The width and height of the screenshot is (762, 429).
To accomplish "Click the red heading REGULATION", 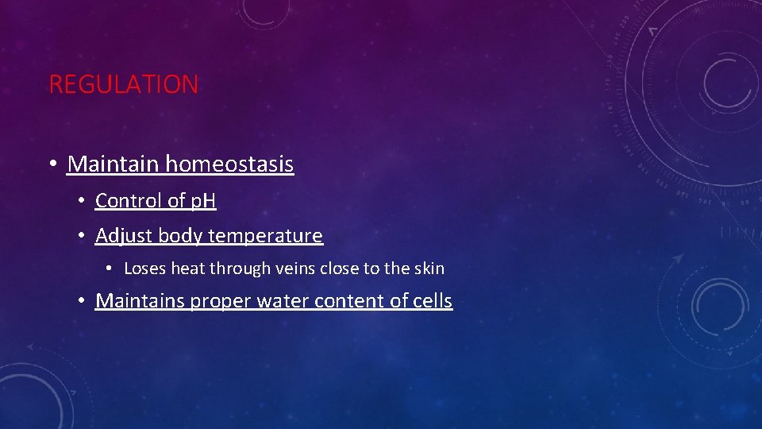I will click(x=124, y=84).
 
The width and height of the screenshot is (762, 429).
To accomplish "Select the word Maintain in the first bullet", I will click(x=114, y=164).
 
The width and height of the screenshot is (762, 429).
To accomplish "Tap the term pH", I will click(x=202, y=201).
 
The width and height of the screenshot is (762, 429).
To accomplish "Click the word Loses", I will click(x=144, y=269).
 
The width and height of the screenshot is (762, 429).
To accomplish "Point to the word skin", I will click(x=429, y=269).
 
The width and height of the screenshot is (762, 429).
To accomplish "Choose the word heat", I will click(x=187, y=269).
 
